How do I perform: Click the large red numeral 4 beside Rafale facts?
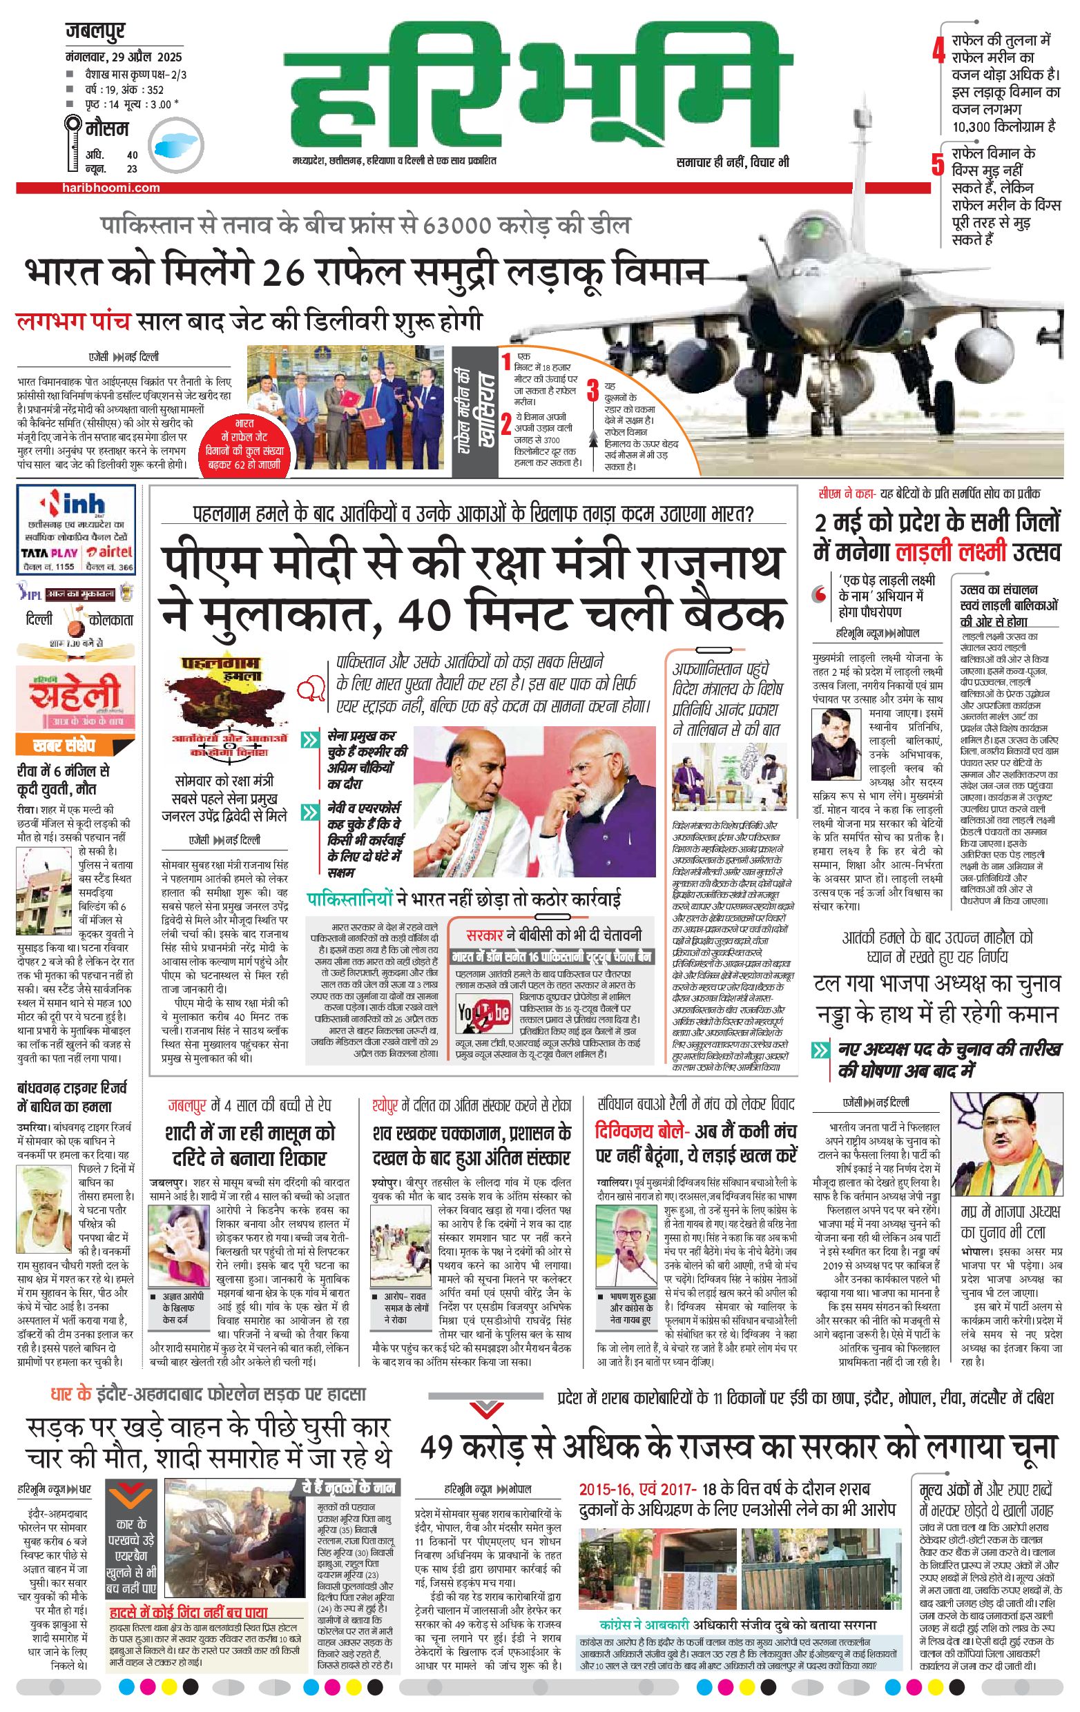coord(939,52)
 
